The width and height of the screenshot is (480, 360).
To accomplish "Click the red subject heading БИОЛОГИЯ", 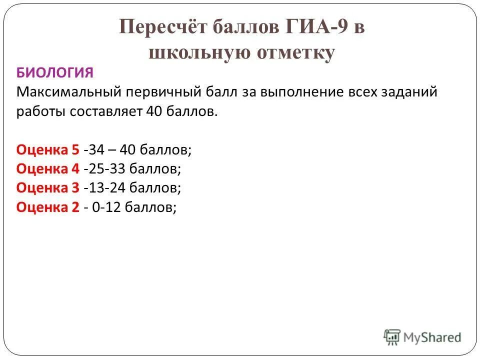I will click(x=55, y=73).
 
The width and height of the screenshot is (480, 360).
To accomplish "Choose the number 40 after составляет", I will click(x=153, y=111).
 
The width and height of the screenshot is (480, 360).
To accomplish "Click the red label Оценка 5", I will click(x=48, y=150).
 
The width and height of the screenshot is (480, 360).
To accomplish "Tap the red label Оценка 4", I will click(x=48, y=169).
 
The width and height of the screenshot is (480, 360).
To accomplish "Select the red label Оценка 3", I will click(x=48, y=188).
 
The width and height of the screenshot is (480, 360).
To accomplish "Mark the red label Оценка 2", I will click(x=48, y=207).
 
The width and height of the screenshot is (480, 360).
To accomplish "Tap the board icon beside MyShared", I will click(x=392, y=337).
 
